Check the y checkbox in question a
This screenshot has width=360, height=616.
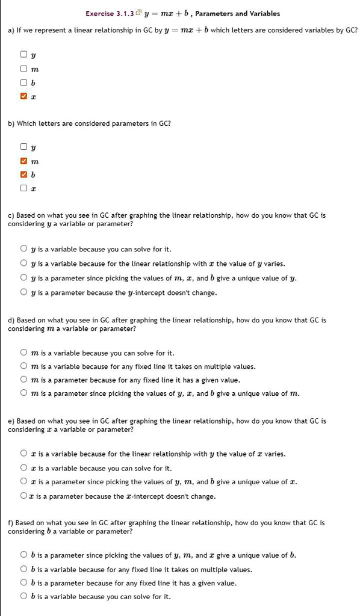pyautogui.click(x=23, y=56)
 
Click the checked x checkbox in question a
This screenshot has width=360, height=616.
pyautogui.click(x=23, y=96)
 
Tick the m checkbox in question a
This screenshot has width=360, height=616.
pyautogui.click(x=23, y=69)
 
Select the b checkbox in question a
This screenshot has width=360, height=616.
pyautogui.click(x=23, y=82)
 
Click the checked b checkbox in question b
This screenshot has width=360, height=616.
pyautogui.click(x=23, y=175)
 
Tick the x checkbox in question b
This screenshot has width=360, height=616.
pyautogui.click(x=23, y=188)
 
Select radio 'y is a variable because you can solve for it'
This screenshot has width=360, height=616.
pyautogui.click(x=23, y=249)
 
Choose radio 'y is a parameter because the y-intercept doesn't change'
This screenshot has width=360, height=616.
pyautogui.click(x=23, y=293)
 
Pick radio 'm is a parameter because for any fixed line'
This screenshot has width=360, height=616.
pyautogui.click(x=23, y=380)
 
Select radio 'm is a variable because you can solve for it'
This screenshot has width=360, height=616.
pyautogui.click(x=23, y=353)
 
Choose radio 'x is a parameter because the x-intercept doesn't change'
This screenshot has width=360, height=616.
pyautogui.click(x=23, y=496)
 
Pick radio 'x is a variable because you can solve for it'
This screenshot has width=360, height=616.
pyautogui.click(x=23, y=468)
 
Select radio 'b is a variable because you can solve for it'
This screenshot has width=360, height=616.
pyautogui.click(x=23, y=597)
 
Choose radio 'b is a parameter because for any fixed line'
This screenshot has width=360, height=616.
pyautogui.click(x=23, y=583)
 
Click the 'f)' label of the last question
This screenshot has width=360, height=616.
pyautogui.click(x=11, y=523)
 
